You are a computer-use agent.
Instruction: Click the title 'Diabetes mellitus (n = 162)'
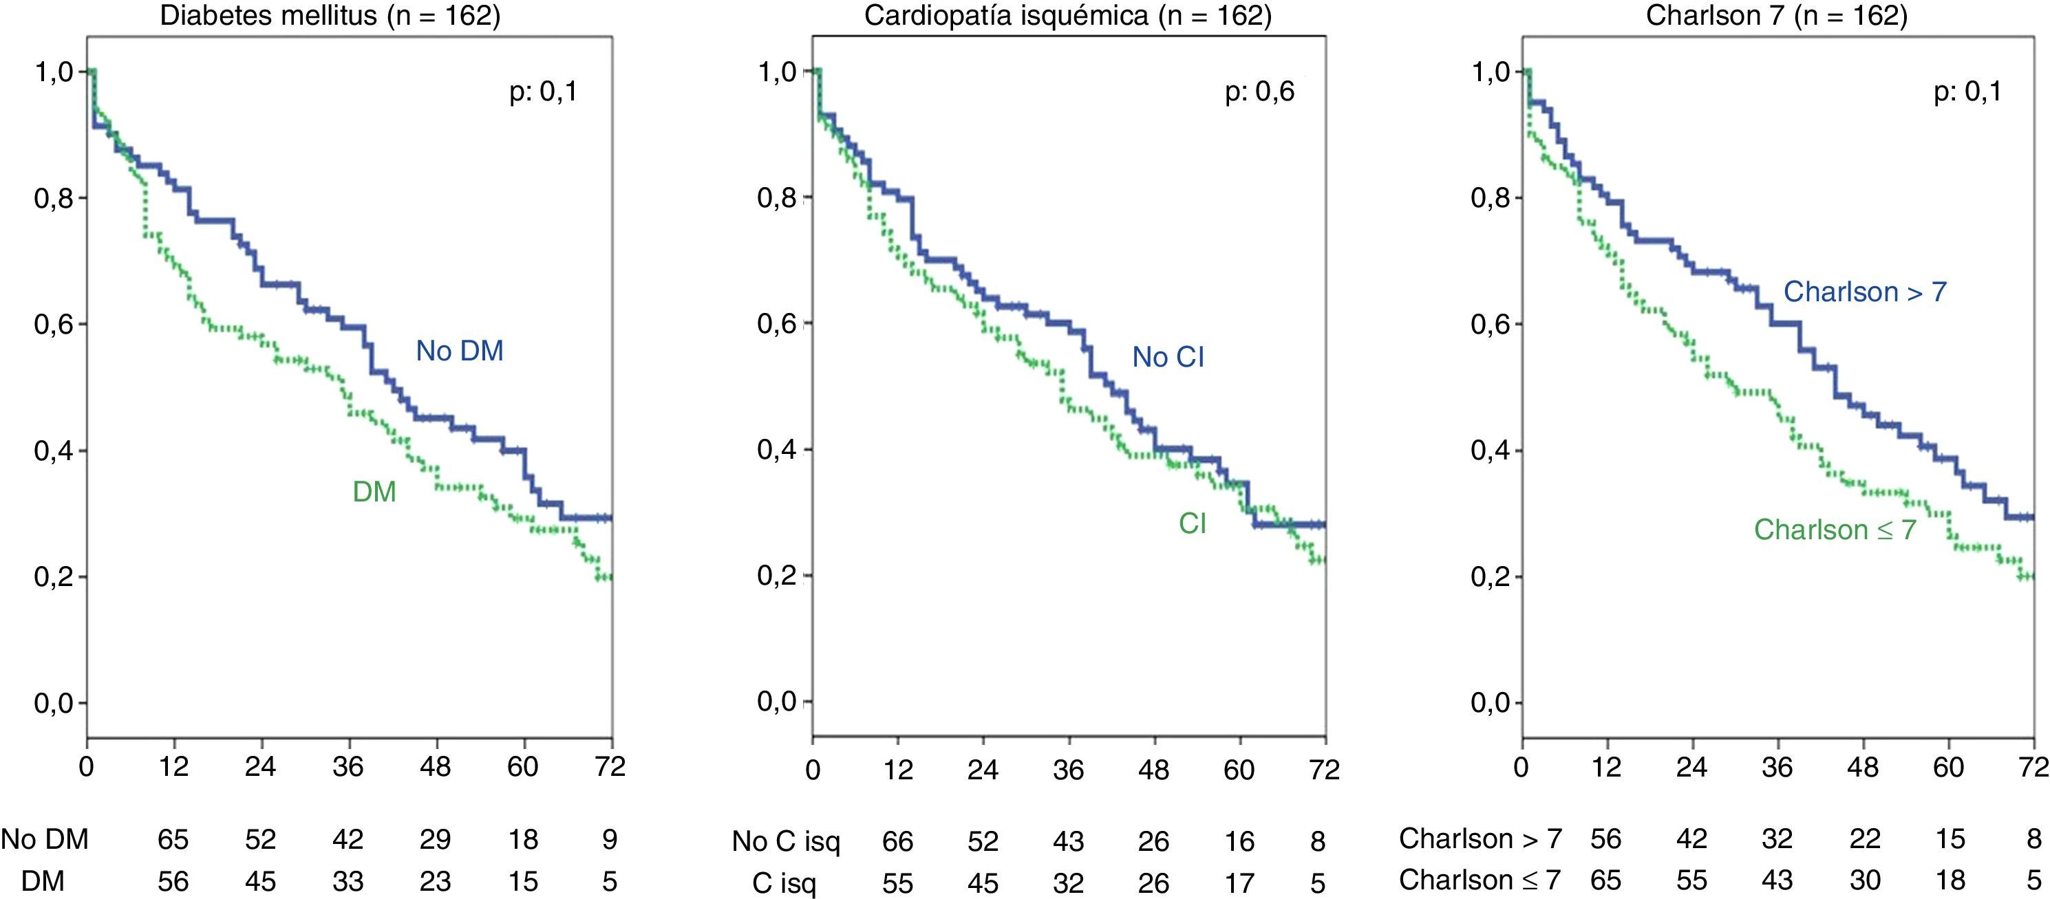point(330,16)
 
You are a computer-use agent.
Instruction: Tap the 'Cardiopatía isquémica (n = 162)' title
point(1067,16)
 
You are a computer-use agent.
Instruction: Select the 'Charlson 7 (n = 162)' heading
point(1776,16)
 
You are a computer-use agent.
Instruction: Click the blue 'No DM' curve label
point(459,351)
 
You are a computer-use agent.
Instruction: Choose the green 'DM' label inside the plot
point(374,492)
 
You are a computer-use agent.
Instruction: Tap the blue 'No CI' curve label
point(1168,357)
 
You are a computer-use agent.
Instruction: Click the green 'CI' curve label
point(1192,523)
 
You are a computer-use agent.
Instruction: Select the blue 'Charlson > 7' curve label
point(1865,292)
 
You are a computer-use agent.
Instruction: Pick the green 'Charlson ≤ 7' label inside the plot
point(1835,530)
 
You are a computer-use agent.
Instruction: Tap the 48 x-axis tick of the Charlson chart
point(1862,768)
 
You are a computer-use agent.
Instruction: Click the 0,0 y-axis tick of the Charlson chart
point(1490,702)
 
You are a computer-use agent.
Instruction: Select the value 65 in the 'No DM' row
point(173,839)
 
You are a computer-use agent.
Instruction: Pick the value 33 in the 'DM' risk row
point(348,882)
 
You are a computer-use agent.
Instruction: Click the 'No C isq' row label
point(785,842)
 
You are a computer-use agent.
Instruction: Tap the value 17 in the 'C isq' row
point(1239,883)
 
